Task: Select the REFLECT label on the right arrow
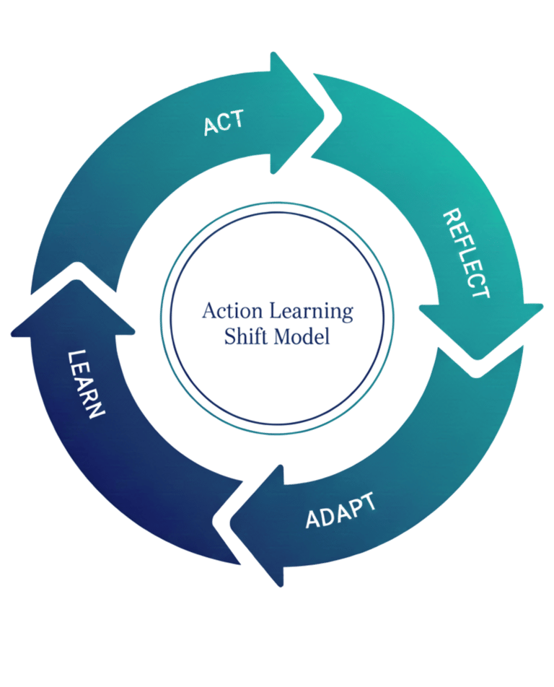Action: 466,253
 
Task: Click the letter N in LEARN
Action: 96,413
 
